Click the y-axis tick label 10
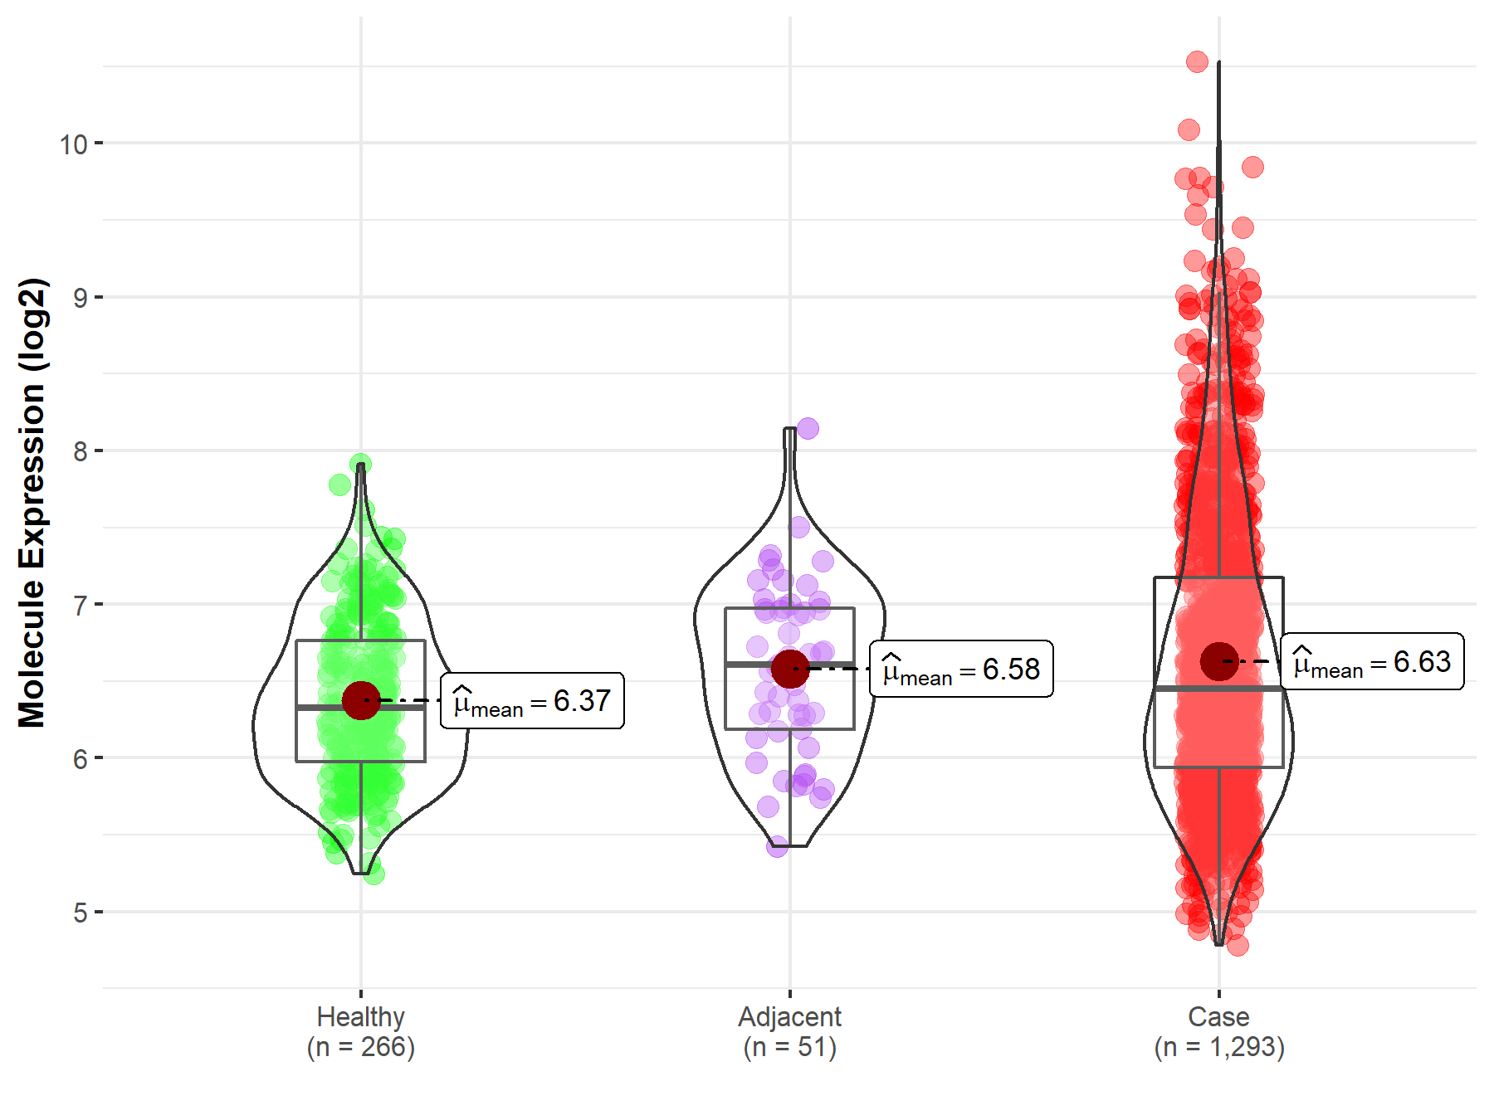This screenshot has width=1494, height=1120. (x=73, y=144)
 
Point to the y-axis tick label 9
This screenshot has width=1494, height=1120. (x=80, y=298)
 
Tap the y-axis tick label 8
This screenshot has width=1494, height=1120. (x=80, y=451)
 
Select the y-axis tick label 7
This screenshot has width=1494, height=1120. (x=80, y=605)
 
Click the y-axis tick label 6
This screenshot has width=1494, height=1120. (x=80, y=758)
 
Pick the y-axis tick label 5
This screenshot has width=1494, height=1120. (x=80, y=913)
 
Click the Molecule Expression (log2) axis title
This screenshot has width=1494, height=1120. (x=32, y=503)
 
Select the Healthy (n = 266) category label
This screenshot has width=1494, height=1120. (x=360, y=1031)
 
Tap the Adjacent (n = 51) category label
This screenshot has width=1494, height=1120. (x=789, y=1031)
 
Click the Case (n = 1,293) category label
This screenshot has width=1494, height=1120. (x=1218, y=1031)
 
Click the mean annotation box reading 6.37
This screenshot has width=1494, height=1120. (x=532, y=701)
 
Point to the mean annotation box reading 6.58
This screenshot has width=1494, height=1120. (x=961, y=669)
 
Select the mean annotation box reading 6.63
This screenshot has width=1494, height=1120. (x=1372, y=661)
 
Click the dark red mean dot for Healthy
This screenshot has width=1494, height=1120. (x=361, y=701)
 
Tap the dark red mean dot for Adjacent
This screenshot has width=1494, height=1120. (x=789, y=669)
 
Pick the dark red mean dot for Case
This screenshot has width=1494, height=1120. (x=1218, y=661)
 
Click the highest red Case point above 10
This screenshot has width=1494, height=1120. (x=1197, y=61)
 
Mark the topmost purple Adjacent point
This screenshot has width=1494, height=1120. (x=808, y=429)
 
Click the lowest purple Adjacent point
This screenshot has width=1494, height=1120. (x=777, y=846)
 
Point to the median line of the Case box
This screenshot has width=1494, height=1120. (x=1218, y=689)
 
